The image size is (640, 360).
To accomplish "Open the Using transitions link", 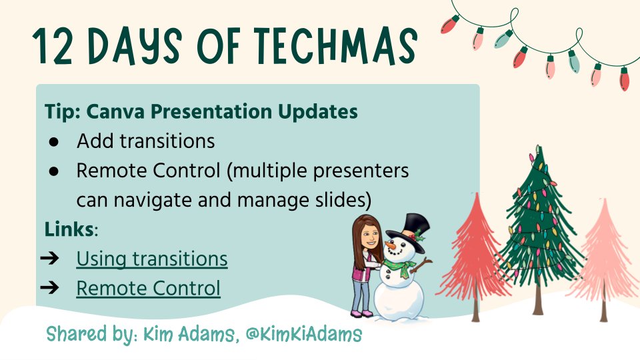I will click(x=152, y=259).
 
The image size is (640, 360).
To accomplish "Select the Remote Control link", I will click(x=148, y=289).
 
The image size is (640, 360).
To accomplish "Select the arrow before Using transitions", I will click(x=54, y=259).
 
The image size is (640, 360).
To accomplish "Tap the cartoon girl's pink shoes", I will click(x=361, y=312).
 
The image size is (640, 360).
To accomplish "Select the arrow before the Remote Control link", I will click(x=54, y=289).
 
